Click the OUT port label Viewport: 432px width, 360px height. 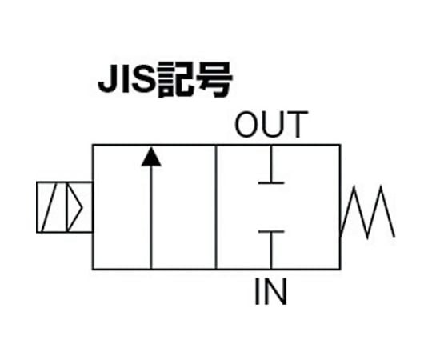[x=271, y=125]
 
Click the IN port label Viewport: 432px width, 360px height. [x=271, y=291]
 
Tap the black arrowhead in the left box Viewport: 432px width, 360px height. [x=151, y=157]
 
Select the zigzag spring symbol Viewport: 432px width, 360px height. [x=368, y=211]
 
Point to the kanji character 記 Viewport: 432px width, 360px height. [x=175, y=80]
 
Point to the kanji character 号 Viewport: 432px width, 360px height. [x=214, y=80]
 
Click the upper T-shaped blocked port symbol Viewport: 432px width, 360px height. [x=271, y=165]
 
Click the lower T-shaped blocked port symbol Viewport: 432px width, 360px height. [x=271, y=250]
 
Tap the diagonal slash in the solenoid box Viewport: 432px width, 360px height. [x=50, y=207]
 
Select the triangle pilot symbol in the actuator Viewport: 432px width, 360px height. [x=74, y=207]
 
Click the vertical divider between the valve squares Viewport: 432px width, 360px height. [x=216, y=207]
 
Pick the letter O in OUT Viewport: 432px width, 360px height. [x=247, y=125]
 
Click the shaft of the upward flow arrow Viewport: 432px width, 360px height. [x=151, y=217]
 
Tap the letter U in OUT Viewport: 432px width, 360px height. [x=273, y=125]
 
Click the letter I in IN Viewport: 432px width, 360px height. [x=258, y=291]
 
